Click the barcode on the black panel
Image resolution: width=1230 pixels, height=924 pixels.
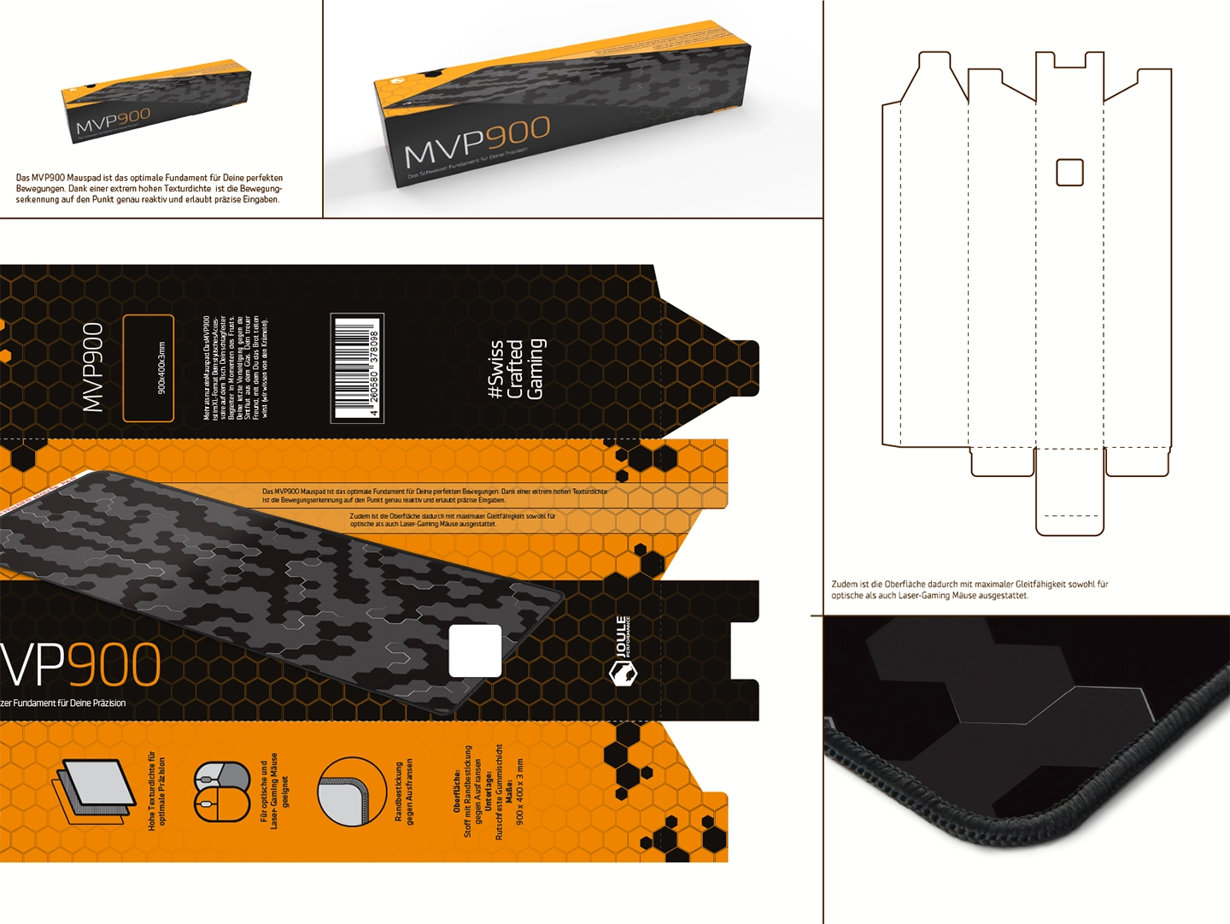pyautogui.click(x=357, y=368)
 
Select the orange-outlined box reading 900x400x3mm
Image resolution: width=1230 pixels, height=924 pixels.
pyautogui.click(x=149, y=368)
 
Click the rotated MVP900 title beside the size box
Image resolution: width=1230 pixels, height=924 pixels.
pyautogui.click(x=93, y=367)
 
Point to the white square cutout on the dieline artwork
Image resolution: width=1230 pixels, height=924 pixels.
pyautogui.click(x=475, y=650)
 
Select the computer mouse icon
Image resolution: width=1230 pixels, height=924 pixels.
pyautogui.click(x=222, y=792)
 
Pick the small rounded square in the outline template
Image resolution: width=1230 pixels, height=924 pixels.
pyautogui.click(x=1069, y=173)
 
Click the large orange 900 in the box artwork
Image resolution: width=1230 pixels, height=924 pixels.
pyautogui.click(x=114, y=665)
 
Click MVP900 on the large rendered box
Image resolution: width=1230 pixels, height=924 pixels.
pyautogui.click(x=477, y=142)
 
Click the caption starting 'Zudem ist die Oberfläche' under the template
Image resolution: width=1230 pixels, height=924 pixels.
pyautogui.click(x=969, y=590)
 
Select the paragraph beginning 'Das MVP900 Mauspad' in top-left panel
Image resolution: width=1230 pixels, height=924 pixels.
pyautogui.click(x=149, y=188)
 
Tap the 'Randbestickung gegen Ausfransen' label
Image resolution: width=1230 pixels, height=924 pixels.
pyautogui.click(x=403, y=792)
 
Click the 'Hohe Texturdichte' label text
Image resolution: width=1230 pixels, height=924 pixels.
pyautogui.click(x=156, y=792)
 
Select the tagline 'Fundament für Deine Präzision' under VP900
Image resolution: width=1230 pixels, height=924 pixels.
pyautogui.click(x=63, y=703)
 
